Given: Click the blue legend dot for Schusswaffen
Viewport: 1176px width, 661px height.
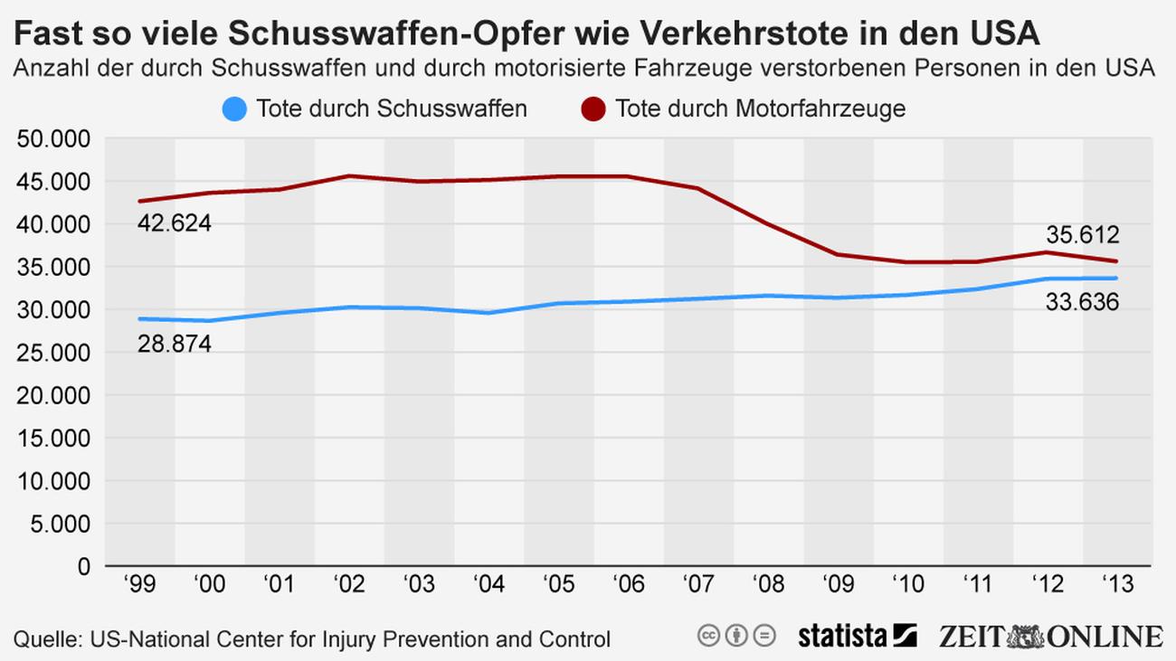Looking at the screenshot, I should pyautogui.click(x=234, y=109).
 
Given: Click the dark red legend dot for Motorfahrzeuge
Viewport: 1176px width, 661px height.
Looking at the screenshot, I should pyautogui.click(x=593, y=109).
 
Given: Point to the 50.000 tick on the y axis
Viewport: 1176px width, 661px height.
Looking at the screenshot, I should pyautogui.click(x=53, y=139).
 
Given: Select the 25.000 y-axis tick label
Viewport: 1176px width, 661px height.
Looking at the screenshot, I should pyautogui.click(x=53, y=353).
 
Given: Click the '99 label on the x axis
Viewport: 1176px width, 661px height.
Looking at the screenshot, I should pyautogui.click(x=140, y=585).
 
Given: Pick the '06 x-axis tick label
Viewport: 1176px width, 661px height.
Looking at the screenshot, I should pyautogui.click(x=629, y=585).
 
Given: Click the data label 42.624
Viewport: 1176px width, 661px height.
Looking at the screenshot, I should pyautogui.click(x=175, y=223).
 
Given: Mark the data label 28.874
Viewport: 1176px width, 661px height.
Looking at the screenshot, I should pyautogui.click(x=175, y=344).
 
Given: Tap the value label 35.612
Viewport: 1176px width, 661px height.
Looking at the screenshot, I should pyautogui.click(x=1083, y=236).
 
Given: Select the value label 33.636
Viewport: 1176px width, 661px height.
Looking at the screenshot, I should pyautogui.click(x=1083, y=301).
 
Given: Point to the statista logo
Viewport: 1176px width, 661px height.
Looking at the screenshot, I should pyautogui.click(x=857, y=636).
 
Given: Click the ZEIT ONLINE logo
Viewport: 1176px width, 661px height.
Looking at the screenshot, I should pyautogui.click(x=1048, y=636).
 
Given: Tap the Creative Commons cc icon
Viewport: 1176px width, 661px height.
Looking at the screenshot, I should pyautogui.click(x=708, y=636).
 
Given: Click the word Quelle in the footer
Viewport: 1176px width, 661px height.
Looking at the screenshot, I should pyautogui.click(x=44, y=639).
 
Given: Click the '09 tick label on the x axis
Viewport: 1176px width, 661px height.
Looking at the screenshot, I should pyautogui.click(x=839, y=585).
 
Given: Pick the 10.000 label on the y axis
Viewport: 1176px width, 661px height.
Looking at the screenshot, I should pyautogui.click(x=53, y=481).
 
